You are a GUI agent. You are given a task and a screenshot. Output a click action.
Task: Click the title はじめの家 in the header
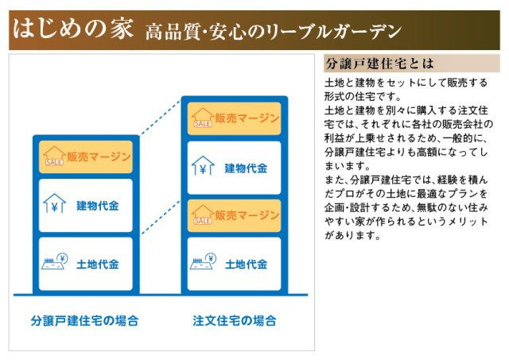click(72, 30)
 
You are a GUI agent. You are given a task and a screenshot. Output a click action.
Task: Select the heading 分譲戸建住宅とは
click(377, 64)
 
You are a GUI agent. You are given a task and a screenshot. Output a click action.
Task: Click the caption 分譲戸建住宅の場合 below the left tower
click(85, 321)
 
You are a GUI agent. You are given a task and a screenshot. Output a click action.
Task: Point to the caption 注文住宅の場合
click(235, 321)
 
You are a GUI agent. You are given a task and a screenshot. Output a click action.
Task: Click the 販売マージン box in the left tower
click(86, 157)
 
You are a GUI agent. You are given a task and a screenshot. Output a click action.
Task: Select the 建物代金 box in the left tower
click(86, 206)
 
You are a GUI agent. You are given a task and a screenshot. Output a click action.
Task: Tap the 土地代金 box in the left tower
click(86, 263)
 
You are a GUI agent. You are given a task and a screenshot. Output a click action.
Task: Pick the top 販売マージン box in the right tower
click(235, 119)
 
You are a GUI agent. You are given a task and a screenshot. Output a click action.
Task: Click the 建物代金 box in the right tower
click(235, 168)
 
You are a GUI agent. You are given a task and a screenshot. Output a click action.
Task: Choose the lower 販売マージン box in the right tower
click(235, 215)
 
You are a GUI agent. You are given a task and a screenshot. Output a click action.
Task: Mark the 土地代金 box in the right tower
click(235, 263)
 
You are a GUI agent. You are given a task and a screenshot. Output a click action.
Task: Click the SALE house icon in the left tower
click(54, 156)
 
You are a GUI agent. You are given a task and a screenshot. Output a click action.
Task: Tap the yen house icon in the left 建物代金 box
click(54, 204)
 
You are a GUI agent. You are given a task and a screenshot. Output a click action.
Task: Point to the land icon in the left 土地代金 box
click(55, 261)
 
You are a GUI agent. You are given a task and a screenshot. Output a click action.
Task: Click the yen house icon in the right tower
click(203, 167)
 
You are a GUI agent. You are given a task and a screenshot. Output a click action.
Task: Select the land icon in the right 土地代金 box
click(204, 261)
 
